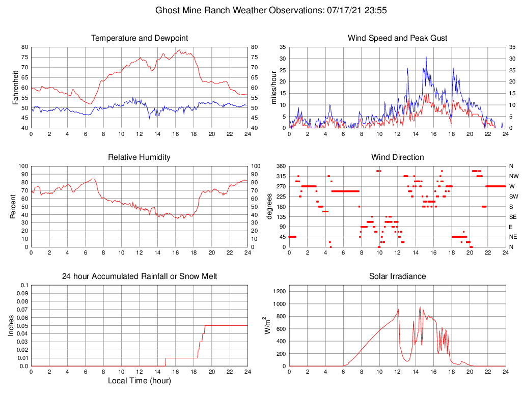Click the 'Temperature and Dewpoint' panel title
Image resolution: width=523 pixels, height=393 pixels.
(x=139, y=38)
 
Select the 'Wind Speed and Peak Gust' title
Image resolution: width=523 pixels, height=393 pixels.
(x=397, y=38)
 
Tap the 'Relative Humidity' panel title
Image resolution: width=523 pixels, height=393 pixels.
(x=139, y=157)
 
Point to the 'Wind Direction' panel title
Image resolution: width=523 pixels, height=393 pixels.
(x=397, y=157)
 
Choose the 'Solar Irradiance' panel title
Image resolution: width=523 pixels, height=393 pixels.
(x=397, y=276)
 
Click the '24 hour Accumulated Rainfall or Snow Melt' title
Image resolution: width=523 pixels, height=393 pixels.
(x=139, y=276)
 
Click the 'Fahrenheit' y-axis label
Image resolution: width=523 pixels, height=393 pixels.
(x=15, y=87)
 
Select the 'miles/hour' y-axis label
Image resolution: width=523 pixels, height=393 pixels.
(x=273, y=87)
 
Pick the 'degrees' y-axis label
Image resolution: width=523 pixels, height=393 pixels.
(x=269, y=206)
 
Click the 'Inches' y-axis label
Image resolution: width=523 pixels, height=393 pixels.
(x=11, y=325)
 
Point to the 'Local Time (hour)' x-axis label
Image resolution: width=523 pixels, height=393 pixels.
(x=139, y=381)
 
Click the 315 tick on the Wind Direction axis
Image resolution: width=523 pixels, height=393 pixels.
(x=281, y=176)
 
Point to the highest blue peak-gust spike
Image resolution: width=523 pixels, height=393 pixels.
(x=426, y=57)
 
